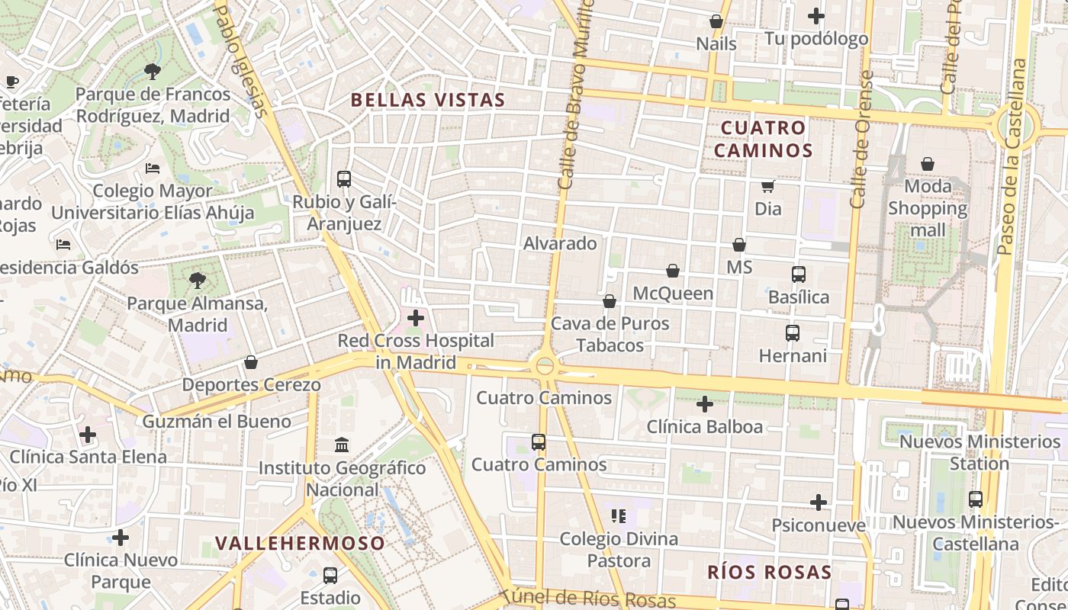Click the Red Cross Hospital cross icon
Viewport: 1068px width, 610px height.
[x=416, y=317]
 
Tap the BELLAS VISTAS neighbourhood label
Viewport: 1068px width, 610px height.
[x=428, y=100]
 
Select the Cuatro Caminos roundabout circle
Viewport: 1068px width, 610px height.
[x=545, y=366]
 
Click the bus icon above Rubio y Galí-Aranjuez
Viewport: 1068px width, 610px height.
[x=344, y=179]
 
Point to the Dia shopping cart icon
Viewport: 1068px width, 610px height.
[x=768, y=186]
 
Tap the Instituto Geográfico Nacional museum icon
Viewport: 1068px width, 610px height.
[x=342, y=445]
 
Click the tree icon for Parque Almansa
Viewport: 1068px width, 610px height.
[x=198, y=281]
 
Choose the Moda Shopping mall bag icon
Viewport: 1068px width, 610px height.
[x=928, y=164]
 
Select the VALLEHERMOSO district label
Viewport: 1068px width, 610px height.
[x=300, y=543]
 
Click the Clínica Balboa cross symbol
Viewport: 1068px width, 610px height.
[x=705, y=403]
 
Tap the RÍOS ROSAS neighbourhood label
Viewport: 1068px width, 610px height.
[x=769, y=572]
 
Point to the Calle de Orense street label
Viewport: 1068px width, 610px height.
[x=861, y=140]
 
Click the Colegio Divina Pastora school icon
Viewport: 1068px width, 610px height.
[x=619, y=516]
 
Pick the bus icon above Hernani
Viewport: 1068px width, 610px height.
[x=793, y=333]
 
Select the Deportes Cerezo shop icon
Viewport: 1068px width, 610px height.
[x=251, y=362]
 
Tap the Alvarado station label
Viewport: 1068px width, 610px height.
[x=560, y=243]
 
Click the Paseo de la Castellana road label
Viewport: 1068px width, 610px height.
[x=1012, y=156]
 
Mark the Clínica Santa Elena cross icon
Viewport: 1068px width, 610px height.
[x=88, y=435]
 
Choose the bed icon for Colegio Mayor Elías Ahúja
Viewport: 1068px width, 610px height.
[x=153, y=168]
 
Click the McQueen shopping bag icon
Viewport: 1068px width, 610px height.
[x=673, y=271]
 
